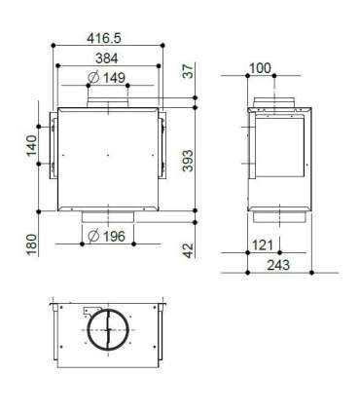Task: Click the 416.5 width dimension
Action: click(x=104, y=38)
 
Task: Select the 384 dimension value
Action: click(x=107, y=58)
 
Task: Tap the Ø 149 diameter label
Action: click(x=107, y=78)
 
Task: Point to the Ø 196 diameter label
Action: click(x=107, y=236)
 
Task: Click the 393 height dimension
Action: click(x=188, y=161)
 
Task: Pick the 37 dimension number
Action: click(x=188, y=70)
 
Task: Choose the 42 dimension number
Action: click(x=188, y=250)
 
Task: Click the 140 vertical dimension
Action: click(x=31, y=145)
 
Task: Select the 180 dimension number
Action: click(x=31, y=244)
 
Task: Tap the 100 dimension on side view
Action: click(x=260, y=68)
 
